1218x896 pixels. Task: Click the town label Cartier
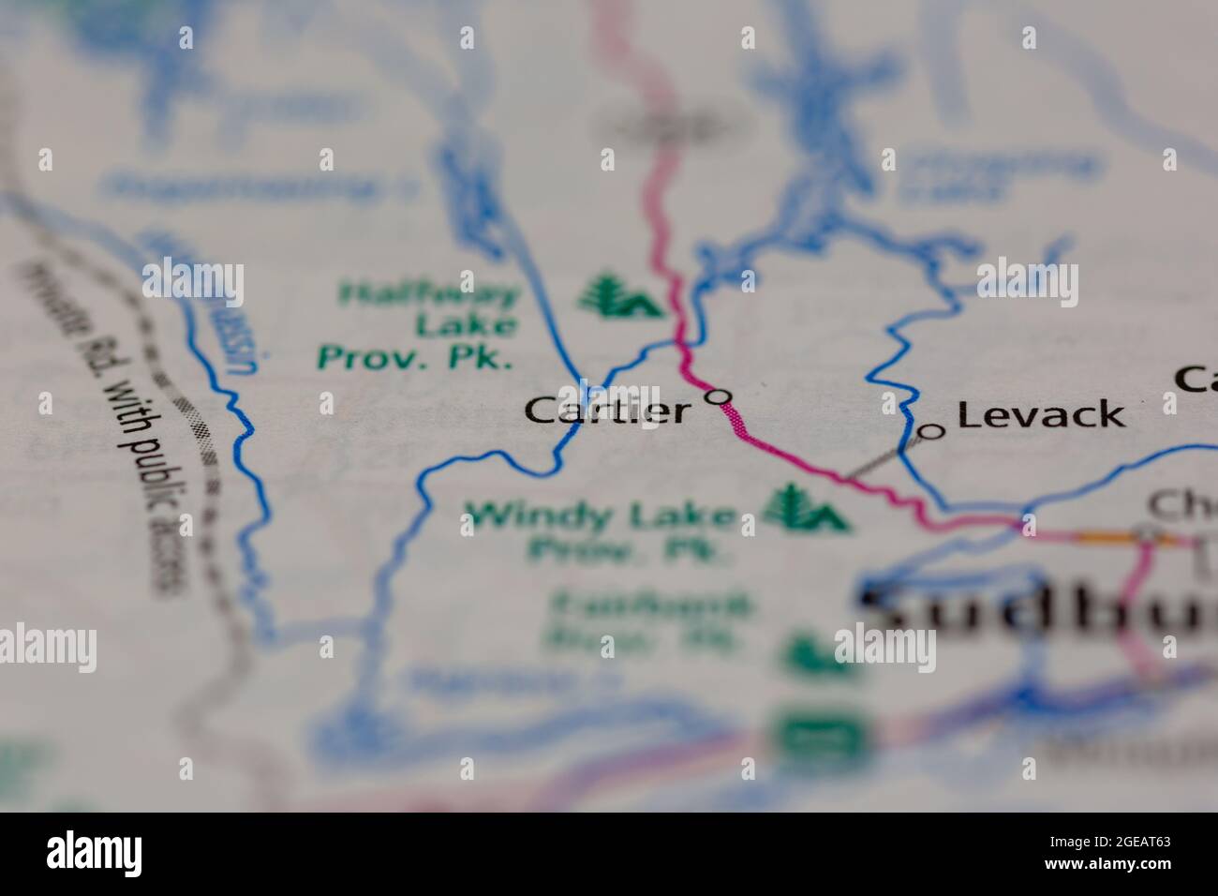[607, 410]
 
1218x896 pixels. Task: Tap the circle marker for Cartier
[719, 397]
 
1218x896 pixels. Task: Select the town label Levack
[1040, 414]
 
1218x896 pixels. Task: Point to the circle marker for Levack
[931, 431]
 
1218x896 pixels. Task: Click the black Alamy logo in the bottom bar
[95, 853]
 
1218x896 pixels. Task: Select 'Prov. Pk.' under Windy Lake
[628, 549]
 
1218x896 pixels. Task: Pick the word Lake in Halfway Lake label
[466, 325]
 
